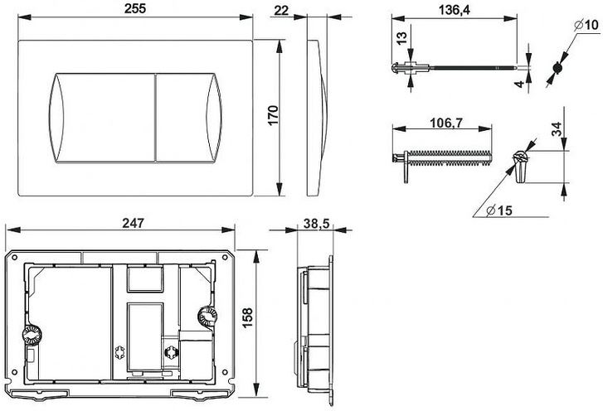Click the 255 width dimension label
pos(135,8)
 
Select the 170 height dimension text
pos(273,115)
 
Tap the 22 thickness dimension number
pos(281,11)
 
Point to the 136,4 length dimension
pos(455,10)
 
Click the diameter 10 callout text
pos(586,25)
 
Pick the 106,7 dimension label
pos(446,123)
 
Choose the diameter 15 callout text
pos(499,210)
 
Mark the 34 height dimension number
pos(557,128)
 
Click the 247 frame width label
pos(133,223)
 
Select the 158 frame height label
pos(247,317)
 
